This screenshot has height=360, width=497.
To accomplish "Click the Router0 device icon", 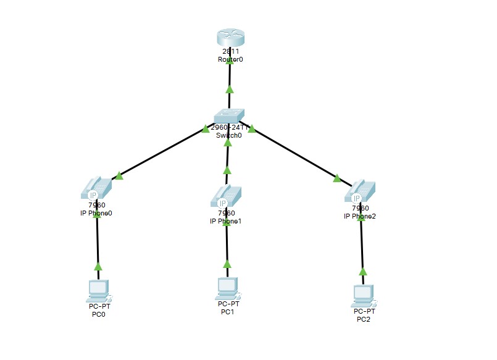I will tap(230, 38).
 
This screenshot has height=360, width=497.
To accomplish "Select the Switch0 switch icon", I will tap(229, 115).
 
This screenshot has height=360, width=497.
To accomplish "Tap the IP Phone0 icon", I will tap(96, 188).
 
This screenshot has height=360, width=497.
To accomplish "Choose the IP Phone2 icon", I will tap(360, 191).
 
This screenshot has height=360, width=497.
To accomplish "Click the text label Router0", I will tap(230, 60).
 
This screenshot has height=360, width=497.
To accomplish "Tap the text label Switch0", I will tap(229, 135).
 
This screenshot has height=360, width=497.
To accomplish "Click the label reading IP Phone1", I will tap(226, 221).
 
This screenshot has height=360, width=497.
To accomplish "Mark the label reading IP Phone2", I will tap(360, 216).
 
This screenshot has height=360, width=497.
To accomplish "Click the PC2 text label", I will tap(364, 319).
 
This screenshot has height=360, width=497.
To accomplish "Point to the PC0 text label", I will tap(99, 314).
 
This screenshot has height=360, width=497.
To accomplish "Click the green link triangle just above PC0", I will tap(98, 267).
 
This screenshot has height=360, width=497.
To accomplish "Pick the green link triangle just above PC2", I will tap(363, 271).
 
